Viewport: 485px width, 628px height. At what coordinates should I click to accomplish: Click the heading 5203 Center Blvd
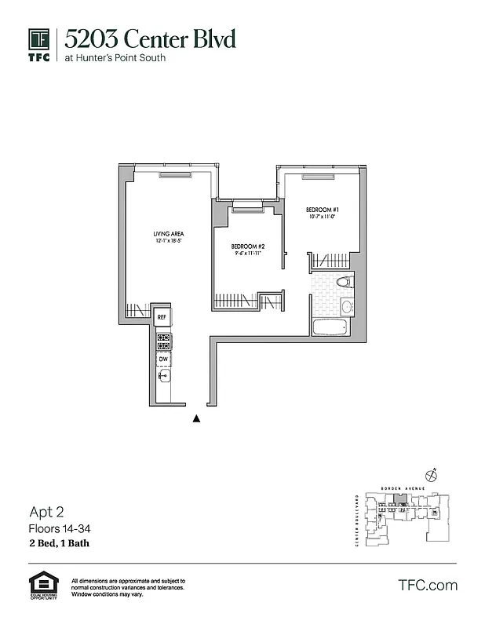point(149,38)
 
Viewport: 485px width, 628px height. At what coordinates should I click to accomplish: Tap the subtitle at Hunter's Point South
point(115,58)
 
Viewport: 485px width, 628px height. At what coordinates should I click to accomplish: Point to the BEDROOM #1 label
point(322,210)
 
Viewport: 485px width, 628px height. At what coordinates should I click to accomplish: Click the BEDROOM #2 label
point(248,246)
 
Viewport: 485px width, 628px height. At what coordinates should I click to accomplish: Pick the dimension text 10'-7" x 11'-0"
point(322,217)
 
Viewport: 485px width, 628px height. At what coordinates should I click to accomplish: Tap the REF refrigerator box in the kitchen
point(162,317)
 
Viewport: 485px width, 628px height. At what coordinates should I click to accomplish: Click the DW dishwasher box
point(163,360)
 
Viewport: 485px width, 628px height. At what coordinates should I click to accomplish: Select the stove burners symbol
point(163,341)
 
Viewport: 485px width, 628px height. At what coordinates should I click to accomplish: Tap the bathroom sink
point(347,307)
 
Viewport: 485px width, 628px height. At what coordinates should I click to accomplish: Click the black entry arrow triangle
point(197,419)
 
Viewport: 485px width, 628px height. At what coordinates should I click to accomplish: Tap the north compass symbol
point(429,474)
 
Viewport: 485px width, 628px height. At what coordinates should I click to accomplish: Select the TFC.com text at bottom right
point(428,585)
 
